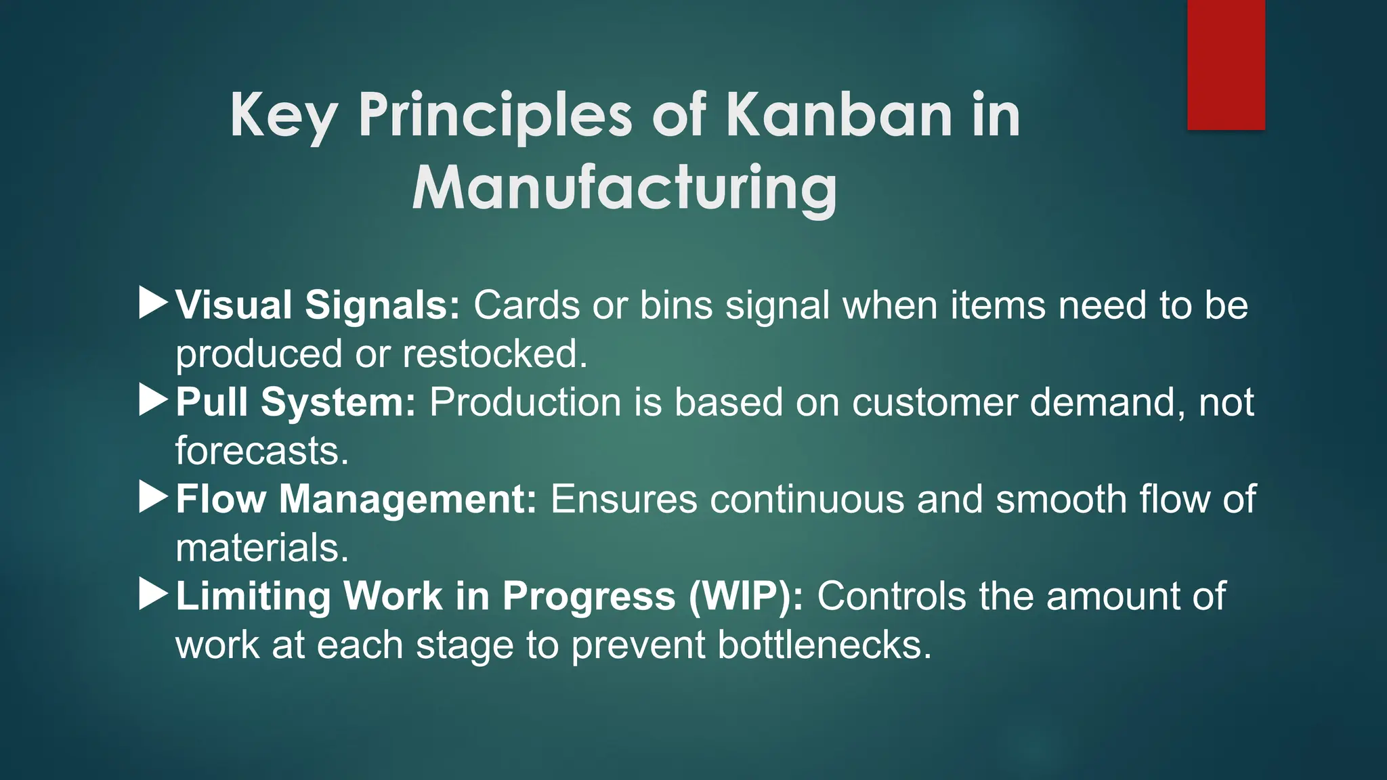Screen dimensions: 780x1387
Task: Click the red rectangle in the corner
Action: [1226, 64]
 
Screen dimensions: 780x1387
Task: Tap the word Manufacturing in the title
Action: [624, 188]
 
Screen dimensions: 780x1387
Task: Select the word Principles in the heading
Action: [495, 115]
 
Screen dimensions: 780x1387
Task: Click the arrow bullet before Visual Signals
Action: [153, 303]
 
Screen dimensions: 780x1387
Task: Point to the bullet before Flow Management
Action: [153, 497]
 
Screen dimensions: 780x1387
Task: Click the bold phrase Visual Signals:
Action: [318, 305]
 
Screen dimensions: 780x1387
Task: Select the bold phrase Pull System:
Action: [296, 402]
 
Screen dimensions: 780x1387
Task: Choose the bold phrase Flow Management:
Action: [356, 500]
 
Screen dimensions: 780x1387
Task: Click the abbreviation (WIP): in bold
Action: [746, 597]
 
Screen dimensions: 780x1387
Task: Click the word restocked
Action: [495, 354]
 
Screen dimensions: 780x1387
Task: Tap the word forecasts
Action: [262, 451]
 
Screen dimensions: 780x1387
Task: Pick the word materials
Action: [262, 548]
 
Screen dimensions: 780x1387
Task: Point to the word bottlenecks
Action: [824, 645]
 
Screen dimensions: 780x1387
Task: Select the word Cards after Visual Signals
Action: [526, 305]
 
